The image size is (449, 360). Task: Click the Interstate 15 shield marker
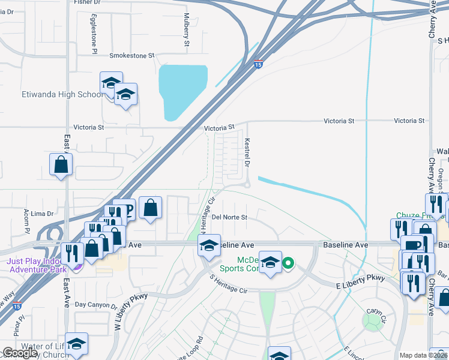(258, 64)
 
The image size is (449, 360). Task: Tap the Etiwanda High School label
(54, 95)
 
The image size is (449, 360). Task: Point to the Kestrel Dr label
(247, 153)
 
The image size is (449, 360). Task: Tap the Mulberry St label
(187, 30)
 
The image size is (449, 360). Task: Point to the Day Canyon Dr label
(96, 305)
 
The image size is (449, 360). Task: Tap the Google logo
(20, 353)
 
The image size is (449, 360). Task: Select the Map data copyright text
(424, 355)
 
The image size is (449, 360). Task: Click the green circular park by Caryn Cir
(373, 320)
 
